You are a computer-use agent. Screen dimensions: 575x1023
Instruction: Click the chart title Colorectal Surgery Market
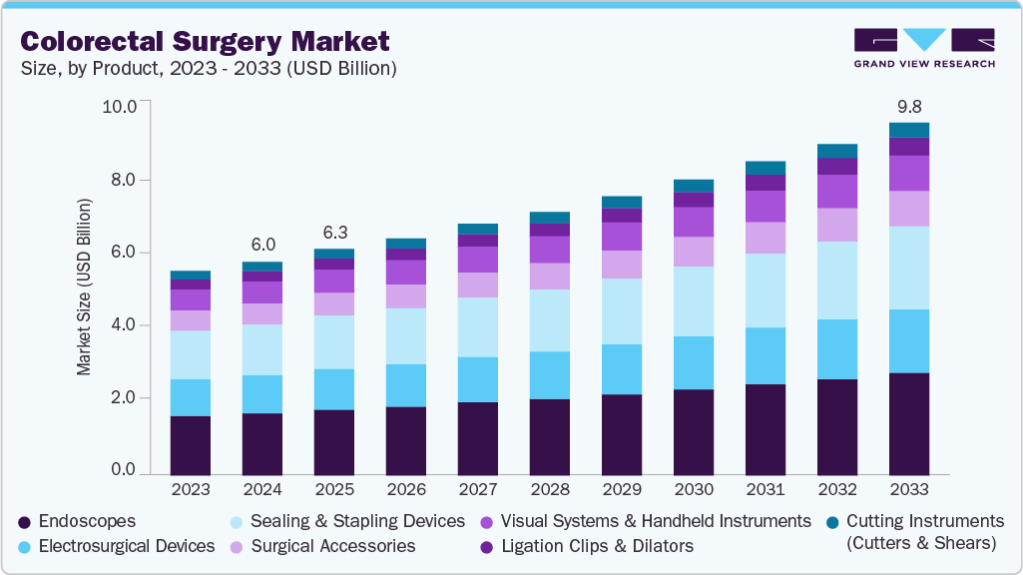(205, 41)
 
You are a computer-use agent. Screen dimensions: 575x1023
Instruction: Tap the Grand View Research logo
(924, 48)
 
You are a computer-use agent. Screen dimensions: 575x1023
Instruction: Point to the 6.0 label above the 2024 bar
(262, 244)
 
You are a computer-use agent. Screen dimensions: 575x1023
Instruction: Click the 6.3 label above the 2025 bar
(334, 232)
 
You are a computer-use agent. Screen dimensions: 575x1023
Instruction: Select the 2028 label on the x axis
(550, 490)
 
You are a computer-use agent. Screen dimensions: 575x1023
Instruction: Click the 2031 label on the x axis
(766, 490)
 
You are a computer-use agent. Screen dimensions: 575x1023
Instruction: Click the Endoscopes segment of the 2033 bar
(909, 423)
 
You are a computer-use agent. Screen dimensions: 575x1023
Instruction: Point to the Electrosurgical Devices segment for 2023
(191, 397)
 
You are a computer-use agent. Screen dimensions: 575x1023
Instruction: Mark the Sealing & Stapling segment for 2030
(694, 301)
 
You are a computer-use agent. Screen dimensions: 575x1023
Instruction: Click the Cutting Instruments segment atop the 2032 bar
(837, 151)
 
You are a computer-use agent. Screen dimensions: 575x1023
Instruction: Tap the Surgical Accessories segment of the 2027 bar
(478, 285)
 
